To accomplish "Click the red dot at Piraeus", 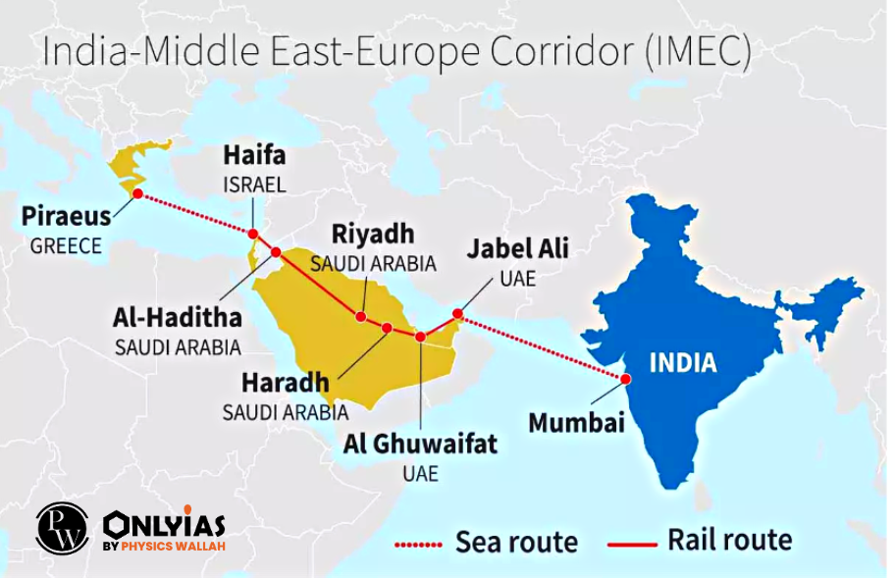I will [x=137, y=193].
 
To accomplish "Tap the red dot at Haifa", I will [x=253, y=234].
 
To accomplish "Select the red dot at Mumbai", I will [x=623, y=378].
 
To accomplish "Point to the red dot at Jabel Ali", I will [x=457, y=314].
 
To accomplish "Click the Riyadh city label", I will [x=373, y=236].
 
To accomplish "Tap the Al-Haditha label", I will [x=178, y=318].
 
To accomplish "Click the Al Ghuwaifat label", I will [x=420, y=444].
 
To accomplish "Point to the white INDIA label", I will [x=683, y=363].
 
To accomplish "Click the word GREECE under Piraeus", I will [x=66, y=246].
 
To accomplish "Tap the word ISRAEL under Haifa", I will [x=254, y=184].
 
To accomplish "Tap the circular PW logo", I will [x=62, y=527].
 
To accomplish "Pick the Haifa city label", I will [x=254, y=156].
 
